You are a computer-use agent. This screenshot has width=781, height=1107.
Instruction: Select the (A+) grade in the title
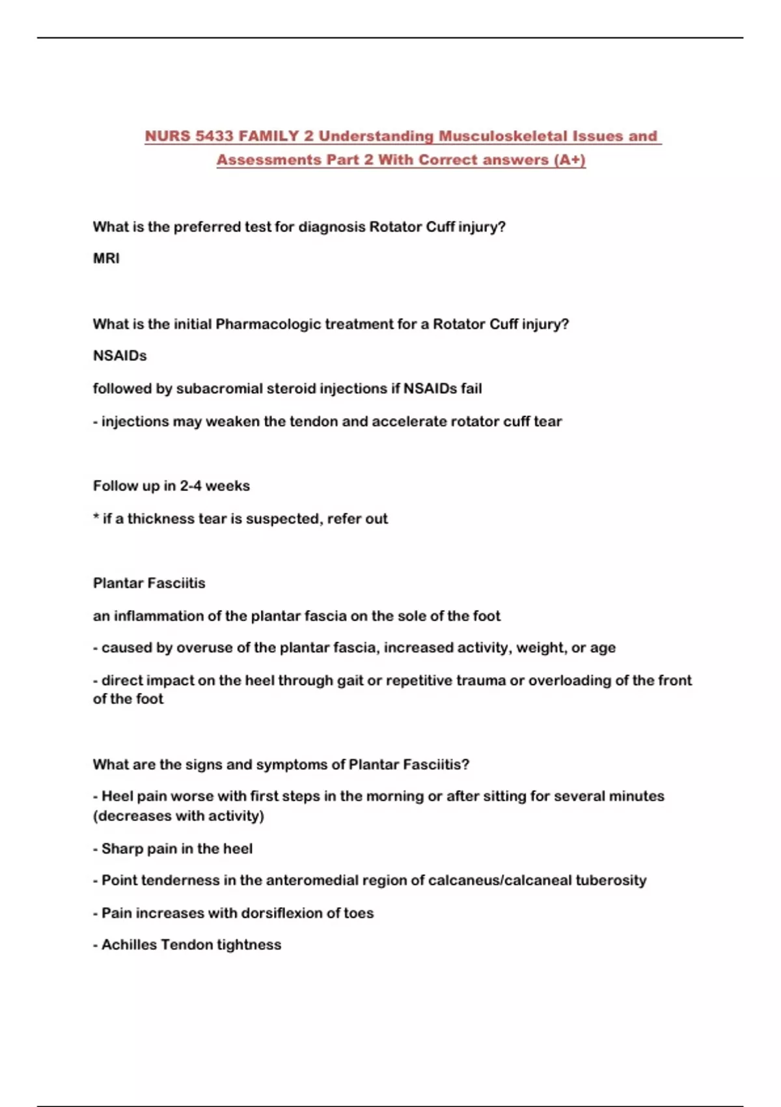tap(569, 160)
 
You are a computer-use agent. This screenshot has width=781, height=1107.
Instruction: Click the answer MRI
tap(106, 259)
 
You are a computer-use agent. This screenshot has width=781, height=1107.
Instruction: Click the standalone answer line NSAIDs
tap(120, 356)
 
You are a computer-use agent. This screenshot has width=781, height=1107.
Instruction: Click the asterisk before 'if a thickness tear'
tap(96, 518)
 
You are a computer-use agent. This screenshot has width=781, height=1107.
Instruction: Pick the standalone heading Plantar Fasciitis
tap(149, 583)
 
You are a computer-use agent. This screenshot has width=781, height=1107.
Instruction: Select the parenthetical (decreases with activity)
tap(178, 816)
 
